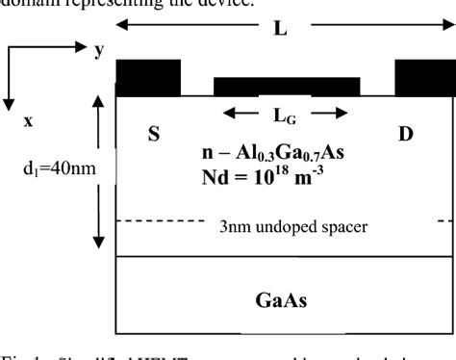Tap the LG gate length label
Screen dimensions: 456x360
click(287, 116)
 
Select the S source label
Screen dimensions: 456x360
click(153, 136)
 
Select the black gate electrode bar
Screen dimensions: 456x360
click(287, 87)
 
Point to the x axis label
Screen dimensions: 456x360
click(28, 121)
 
